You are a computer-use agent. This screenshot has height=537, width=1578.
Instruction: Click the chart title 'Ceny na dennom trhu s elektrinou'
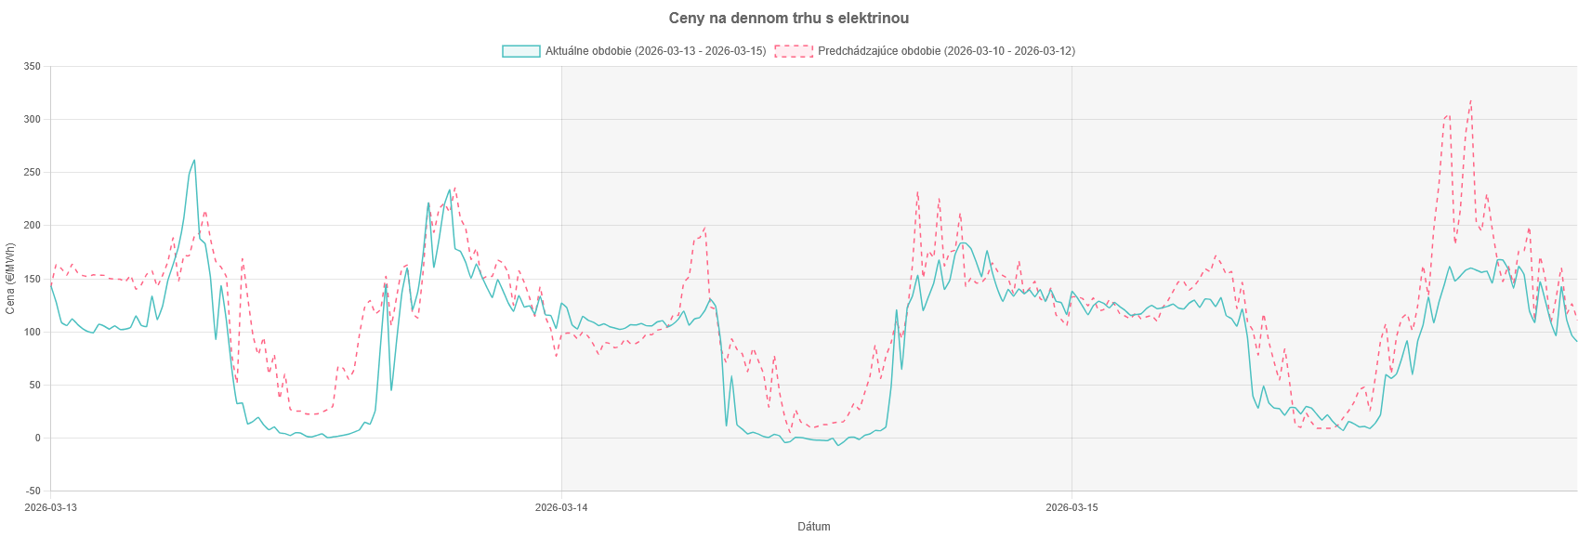pos(789,19)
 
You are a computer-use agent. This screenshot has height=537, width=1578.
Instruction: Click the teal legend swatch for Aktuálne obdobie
pos(520,51)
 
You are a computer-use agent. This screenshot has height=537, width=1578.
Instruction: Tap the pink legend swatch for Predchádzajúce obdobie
pos(793,51)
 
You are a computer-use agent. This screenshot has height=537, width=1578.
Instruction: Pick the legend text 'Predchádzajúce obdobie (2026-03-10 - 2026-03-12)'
pos(945,51)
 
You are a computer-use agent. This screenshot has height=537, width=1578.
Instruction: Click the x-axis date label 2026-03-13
pos(51,507)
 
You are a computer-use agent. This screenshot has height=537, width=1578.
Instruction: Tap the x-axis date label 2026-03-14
pos(561,507)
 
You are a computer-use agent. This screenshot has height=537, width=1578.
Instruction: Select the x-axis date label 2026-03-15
pos(1072,507)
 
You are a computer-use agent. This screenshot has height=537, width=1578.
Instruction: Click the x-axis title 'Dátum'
pos(814,527)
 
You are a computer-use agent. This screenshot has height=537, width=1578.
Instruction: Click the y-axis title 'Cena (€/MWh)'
pos(10,279)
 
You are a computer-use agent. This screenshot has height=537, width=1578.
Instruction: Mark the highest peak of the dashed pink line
pos(1470,100)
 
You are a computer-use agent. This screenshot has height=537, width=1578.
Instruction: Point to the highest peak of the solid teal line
pos(194,160)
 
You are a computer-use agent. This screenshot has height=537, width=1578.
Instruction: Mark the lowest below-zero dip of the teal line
pos(838,446)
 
